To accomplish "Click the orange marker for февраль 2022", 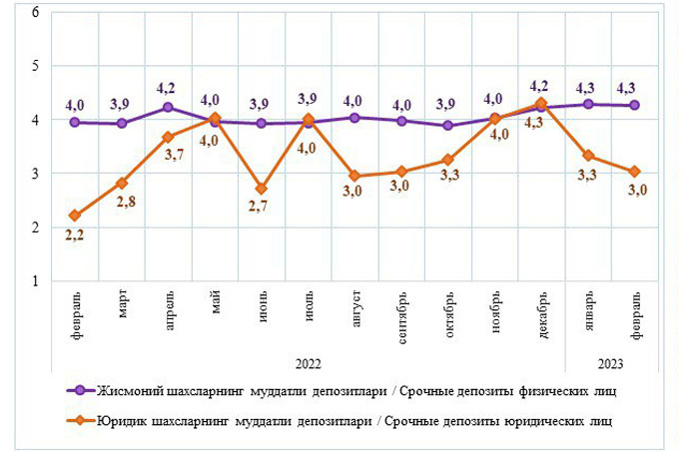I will [x=76, y=216].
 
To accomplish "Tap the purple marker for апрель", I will [x=168, y=107].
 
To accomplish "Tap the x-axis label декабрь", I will [x=539, y=311].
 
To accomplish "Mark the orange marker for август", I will [x=352, y=177].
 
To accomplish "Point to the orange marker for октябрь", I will [x=448, y=160].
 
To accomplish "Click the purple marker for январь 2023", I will [x=589, y=104].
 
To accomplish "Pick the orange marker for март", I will [x=122, y=183].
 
